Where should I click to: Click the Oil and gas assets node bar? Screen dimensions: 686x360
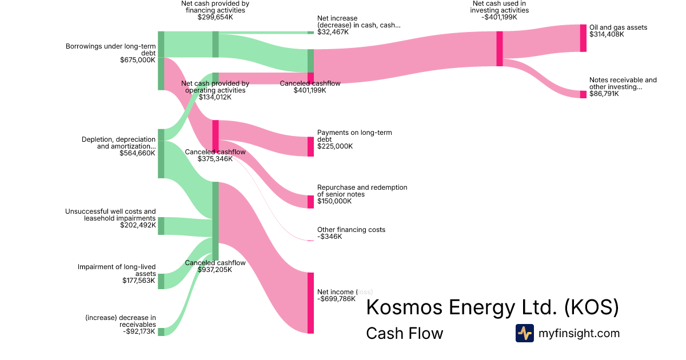(x=583, y=38)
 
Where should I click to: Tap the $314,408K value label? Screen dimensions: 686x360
(x=607, y=34)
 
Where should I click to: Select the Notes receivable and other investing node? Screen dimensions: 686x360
(x=583, y=94)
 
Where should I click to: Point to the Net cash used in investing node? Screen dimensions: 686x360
(x=499, y=49)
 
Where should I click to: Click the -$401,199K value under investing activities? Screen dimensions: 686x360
(x=500, y=17)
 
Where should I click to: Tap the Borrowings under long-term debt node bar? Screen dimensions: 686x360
(x=161, y=61)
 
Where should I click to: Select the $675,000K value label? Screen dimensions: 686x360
(x=138, y=59)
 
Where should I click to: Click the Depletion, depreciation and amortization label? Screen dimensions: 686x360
(x=118, y=143)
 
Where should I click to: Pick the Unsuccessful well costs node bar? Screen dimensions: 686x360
(x=161, y=226)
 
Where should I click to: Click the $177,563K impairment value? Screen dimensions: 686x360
(x=139, y=281)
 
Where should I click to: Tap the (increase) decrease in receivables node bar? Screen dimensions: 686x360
(x=161, y=332)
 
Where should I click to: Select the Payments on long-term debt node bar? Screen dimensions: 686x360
(x=310, y=146)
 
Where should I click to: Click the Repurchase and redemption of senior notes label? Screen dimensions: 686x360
(x=362, y=191)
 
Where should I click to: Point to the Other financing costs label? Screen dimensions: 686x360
(x=351, y=230)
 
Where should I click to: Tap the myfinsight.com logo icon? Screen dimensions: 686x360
(x=524, y=333)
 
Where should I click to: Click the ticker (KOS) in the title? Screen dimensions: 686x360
(x=591, y=307)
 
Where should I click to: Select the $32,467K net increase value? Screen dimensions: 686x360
(x=333, y=33)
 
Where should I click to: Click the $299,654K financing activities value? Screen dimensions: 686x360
(x=215, y=17)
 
